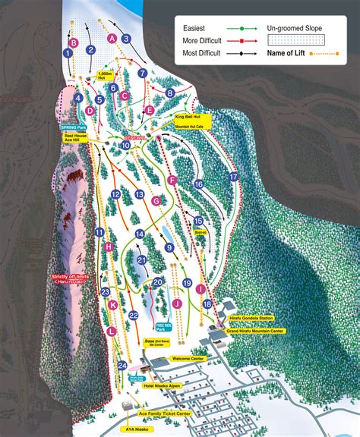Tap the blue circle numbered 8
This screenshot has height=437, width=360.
tap(171, 93)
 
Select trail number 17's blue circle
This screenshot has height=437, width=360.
tap(234, 176)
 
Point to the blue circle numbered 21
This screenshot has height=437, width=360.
tap(142, 260)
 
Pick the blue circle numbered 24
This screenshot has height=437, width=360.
tap(122, 366)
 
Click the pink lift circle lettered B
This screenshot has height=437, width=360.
tap(74, 44)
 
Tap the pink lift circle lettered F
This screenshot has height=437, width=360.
tap(172, 180)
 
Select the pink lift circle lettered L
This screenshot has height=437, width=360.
tap(112, 331)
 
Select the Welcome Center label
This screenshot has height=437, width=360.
tap(189, 359)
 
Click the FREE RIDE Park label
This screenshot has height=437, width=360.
tap(159, 329)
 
